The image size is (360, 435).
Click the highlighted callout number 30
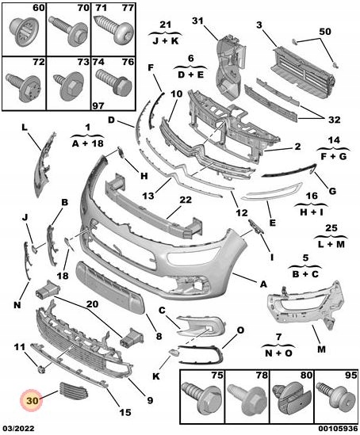[x=32, y=401]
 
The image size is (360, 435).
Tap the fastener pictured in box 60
[x=24, y=32]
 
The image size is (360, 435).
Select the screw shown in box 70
[x=68, y=30]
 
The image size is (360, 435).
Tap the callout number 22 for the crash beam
[x=186, y=200]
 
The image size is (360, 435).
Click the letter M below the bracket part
[x=321, y=349]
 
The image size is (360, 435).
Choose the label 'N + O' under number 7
[x=278, y=353]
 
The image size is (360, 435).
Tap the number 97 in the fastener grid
[x=98, y=105]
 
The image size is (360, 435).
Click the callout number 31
[x=198, y=21]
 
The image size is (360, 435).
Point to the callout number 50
[x=325, y=32]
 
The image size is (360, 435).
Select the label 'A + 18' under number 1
[x=88, y=143]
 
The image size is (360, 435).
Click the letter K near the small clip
[x=156, y=376]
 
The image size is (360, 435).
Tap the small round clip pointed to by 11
[x=41, y=369]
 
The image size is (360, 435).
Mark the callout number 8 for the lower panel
[x=159, y=336]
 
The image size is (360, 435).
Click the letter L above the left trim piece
[x=25, y=128]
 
